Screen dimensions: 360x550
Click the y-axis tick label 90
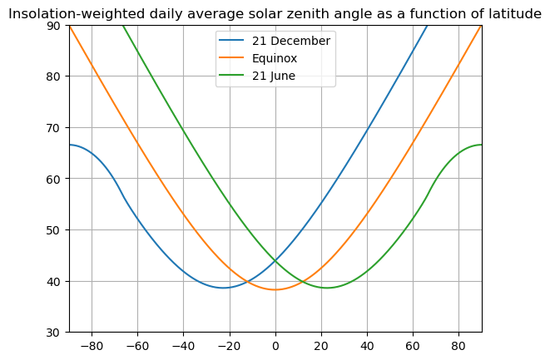[x=54, y=26]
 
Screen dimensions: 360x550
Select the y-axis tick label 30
[x=54, y=333]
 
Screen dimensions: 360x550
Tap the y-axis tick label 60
[x=54, y=179]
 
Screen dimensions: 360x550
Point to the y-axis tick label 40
[x=54, y=281]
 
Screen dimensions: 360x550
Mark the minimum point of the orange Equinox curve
[x=275, y=289]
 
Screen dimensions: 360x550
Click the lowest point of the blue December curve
[x=223, y=288]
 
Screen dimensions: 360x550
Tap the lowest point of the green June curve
[x=328, y=288]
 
